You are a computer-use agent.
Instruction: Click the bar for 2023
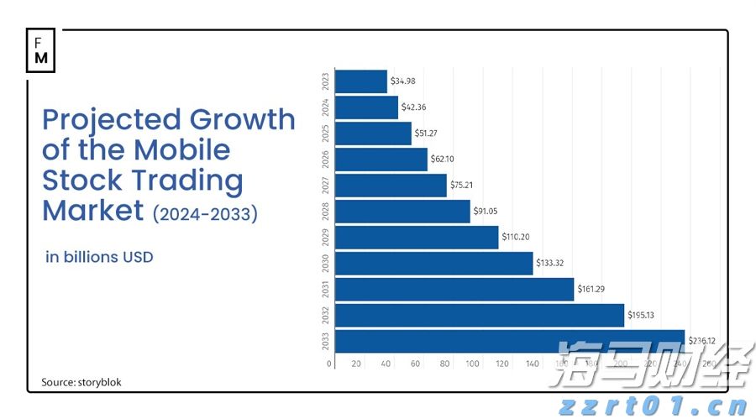click(360, 81)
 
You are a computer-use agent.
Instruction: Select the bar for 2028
click(402, 212)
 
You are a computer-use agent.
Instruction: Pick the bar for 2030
click(433, 264)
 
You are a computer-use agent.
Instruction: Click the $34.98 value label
click(404, 81)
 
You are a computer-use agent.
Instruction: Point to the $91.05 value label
click(487, 212)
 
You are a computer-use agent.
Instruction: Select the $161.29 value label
click(591, 290)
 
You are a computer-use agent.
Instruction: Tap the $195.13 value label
click(643, 316)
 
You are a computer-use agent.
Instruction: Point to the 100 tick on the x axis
click(473, 364)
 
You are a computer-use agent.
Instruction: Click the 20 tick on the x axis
click(356, 364)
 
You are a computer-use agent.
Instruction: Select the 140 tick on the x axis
click(532, 364)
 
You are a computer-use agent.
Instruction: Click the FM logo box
click(41, 52)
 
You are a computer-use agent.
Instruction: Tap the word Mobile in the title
click(181, 149)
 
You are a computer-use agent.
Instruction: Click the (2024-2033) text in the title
click(204, 214)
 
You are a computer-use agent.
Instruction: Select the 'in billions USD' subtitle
click(99, 257)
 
